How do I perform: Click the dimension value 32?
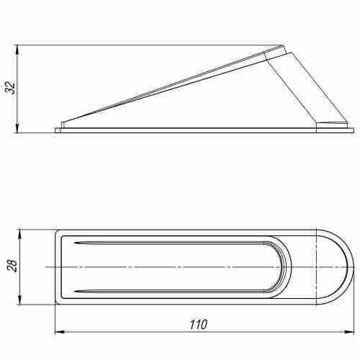tap(9, 89)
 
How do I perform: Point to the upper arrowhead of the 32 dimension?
tap(17, 50)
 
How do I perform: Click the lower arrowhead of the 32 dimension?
tap(17, 130)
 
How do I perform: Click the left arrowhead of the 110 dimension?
tap(59, 333)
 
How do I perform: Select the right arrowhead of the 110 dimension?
tap(351, 333)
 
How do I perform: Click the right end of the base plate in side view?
tap(353, 130)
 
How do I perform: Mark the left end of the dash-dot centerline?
tap(46, 267)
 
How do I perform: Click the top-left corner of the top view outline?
tap(57, 232)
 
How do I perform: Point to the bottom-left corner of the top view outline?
tap(57, 302)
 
